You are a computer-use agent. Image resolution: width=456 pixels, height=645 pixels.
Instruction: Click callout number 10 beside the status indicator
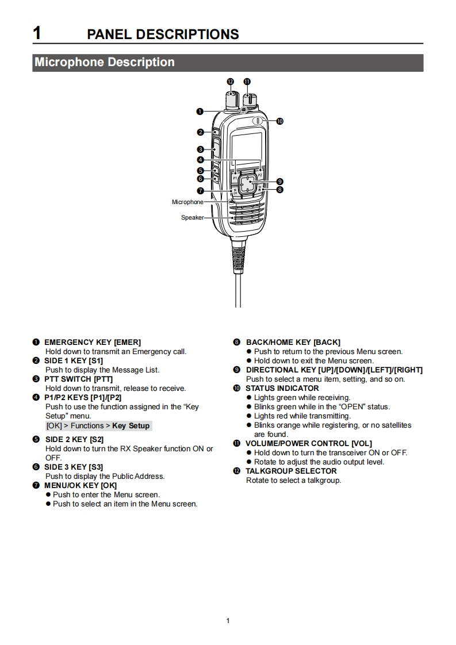pyautogui.click(x=280, y=121)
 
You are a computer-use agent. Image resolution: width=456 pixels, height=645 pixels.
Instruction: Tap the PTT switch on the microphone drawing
pyautogui.click(x=215, y=149)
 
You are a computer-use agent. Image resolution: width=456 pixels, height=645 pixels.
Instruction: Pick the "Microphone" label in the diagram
pyautogui.click(x=187, y=202)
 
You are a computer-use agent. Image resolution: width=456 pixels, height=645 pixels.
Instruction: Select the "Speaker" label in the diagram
pyautogui.click(x=192, y=218)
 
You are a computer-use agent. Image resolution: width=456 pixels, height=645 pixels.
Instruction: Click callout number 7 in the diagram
pyautogui.click(x=200, y=191)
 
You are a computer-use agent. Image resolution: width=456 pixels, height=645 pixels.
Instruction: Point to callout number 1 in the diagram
pyautogui.click(x=200, y=110)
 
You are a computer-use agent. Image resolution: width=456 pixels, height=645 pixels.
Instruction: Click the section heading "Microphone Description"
pyautogui.click(x=105, y=62)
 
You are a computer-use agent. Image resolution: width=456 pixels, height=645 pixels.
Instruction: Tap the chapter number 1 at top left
pyautogui.click(x=37, y=33)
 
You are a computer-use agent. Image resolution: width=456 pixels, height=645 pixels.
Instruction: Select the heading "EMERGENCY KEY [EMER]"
pyautogui.click(x=92, y=342)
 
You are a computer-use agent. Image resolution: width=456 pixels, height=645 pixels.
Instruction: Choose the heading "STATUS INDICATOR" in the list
pyautogui.click(x=282, y=388)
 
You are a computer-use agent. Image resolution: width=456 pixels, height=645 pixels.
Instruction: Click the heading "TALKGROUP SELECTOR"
pyautogui.click(x=291, y=471)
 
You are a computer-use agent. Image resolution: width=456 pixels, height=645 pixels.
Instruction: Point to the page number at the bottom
pyautogui.click(x=228, y=620)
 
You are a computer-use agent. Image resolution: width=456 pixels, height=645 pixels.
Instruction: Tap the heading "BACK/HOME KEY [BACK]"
pyautogui.click(x=293, y=342)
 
